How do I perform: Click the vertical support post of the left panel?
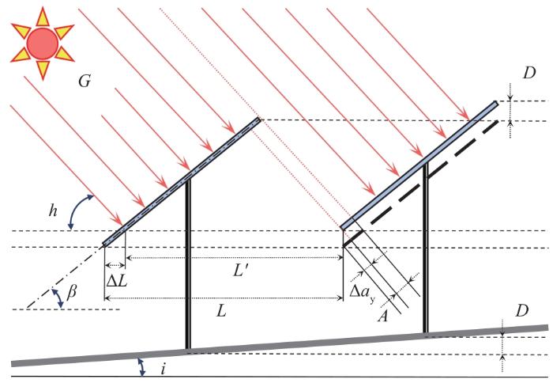pos(187,261)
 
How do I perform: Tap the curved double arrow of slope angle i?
pos(141,365)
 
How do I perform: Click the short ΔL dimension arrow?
pos(115,264)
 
